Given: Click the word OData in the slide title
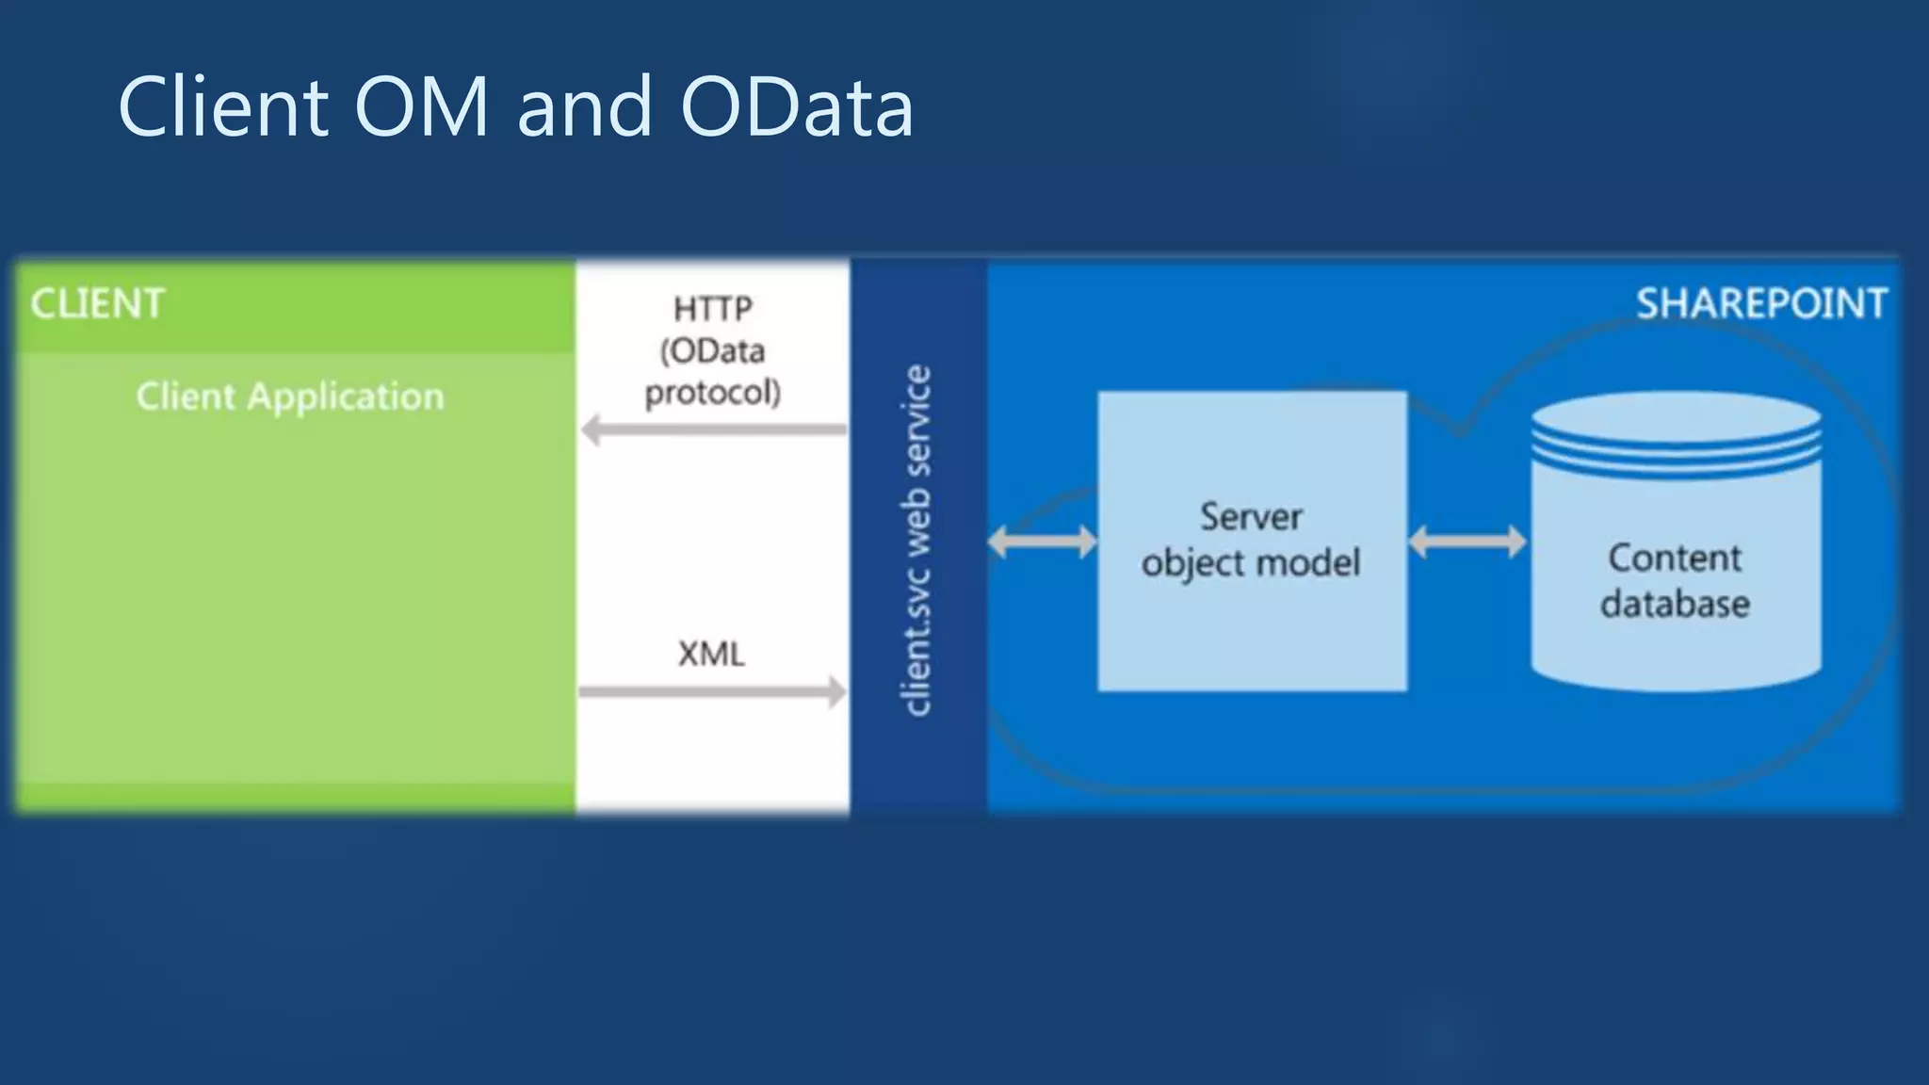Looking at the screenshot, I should [x=796, y=106].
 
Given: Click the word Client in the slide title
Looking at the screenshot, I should [x=223, y=106].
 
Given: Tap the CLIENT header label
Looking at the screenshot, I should [x=97, y=304].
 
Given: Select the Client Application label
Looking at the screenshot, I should [x=290, y=397].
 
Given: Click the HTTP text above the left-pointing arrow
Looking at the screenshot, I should [x=713, y=309].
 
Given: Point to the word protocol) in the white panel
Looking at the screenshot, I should [x=713, y=392].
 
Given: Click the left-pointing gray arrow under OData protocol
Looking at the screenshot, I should [x=713, y=430].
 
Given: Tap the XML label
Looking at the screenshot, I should [x=711, y=654].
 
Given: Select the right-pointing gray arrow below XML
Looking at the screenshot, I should [x=713, y=691].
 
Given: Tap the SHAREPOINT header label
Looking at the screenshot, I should [x=1761, y=304].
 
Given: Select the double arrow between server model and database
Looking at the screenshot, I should [x=1467, y=542].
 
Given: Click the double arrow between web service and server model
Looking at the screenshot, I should [x=1042, y=542].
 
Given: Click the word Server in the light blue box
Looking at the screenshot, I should [x=1251, y=517].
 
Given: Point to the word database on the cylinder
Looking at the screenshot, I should [x=1675, y=604].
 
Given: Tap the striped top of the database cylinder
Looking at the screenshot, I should [x=1676, y=434].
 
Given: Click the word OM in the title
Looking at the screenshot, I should [x=421, y=106].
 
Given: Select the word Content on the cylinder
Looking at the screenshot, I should [x=1675, y=559].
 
